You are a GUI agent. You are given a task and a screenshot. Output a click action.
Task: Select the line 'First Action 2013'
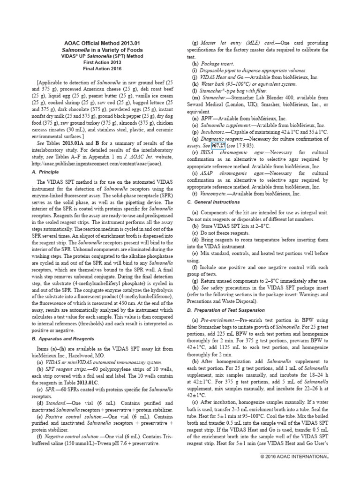point(102,61)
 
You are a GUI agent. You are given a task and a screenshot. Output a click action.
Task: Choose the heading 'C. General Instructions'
point(214,202)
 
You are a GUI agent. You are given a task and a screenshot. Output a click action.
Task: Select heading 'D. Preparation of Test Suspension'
point(225,310)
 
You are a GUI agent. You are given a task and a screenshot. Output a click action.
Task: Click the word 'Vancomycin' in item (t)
point(215,193)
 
